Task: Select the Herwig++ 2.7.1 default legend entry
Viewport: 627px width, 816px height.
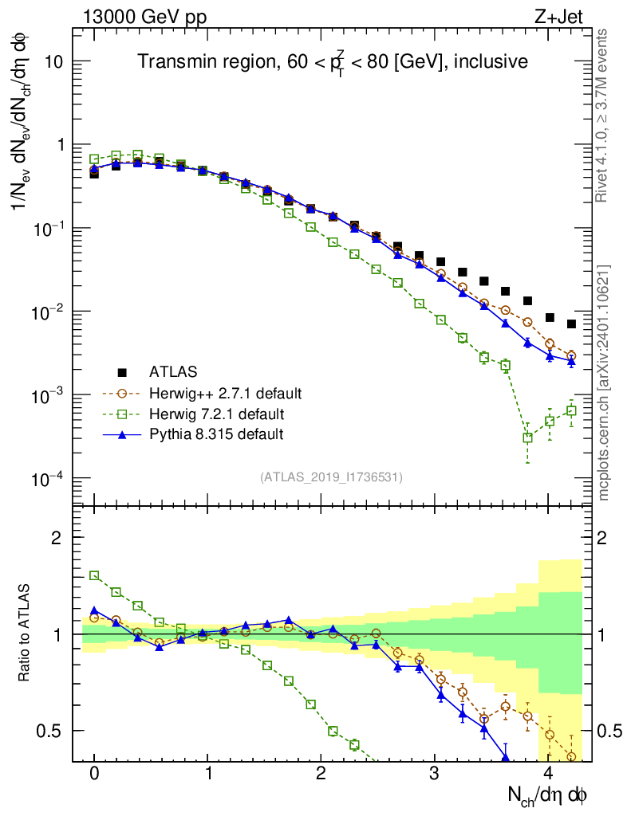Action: pos(225,393)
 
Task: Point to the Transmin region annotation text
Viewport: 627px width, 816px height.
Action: pos(332,62)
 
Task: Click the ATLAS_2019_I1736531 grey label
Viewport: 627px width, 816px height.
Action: pos(331,477)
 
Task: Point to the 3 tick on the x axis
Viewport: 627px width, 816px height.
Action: pos(434,773)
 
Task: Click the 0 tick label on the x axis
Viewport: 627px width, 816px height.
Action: pos(94,773)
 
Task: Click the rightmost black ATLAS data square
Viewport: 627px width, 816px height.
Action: pos(571,324)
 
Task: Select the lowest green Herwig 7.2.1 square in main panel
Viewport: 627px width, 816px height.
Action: pos(527,437)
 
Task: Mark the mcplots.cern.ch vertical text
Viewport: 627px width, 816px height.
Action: pos(604,382)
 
